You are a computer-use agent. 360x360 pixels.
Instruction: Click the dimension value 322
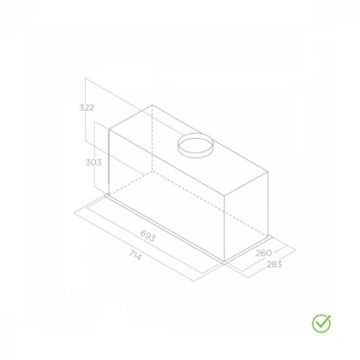[x=87, y=108]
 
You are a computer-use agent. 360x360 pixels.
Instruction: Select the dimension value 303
[x=93, y=162]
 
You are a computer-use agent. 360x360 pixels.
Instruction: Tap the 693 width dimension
[x=148, y=236]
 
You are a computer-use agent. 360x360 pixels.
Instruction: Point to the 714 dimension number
[x=135, y=255]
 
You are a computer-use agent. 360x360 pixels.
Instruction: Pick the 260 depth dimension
[x=263, y=253]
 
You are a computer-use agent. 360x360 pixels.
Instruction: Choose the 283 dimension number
[x=274, y=264]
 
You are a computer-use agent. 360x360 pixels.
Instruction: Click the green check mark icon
[x=321, y=323]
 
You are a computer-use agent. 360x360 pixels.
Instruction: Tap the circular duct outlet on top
[x=195, y=146]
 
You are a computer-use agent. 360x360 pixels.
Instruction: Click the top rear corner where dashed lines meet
[x=152, y=105]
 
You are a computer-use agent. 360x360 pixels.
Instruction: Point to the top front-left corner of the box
[x=109, y=129]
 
